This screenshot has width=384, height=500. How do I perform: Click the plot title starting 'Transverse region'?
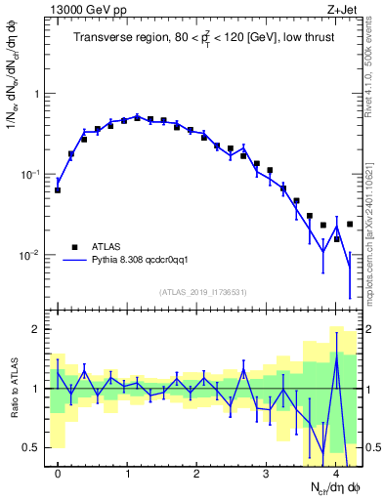tap(205, 38)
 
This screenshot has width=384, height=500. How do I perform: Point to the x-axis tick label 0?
tap(58, 473)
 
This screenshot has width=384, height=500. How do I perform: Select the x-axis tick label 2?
tap(196, 473)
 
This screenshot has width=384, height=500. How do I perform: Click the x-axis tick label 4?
tap(335, 473)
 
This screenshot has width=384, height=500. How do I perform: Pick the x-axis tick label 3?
tap(266, 473)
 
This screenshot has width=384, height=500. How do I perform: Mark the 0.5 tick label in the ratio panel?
tap(31, 447)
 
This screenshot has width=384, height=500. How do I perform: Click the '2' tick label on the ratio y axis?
tap(36, 329)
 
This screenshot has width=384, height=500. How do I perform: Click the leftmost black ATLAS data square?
tap(58, 189)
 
